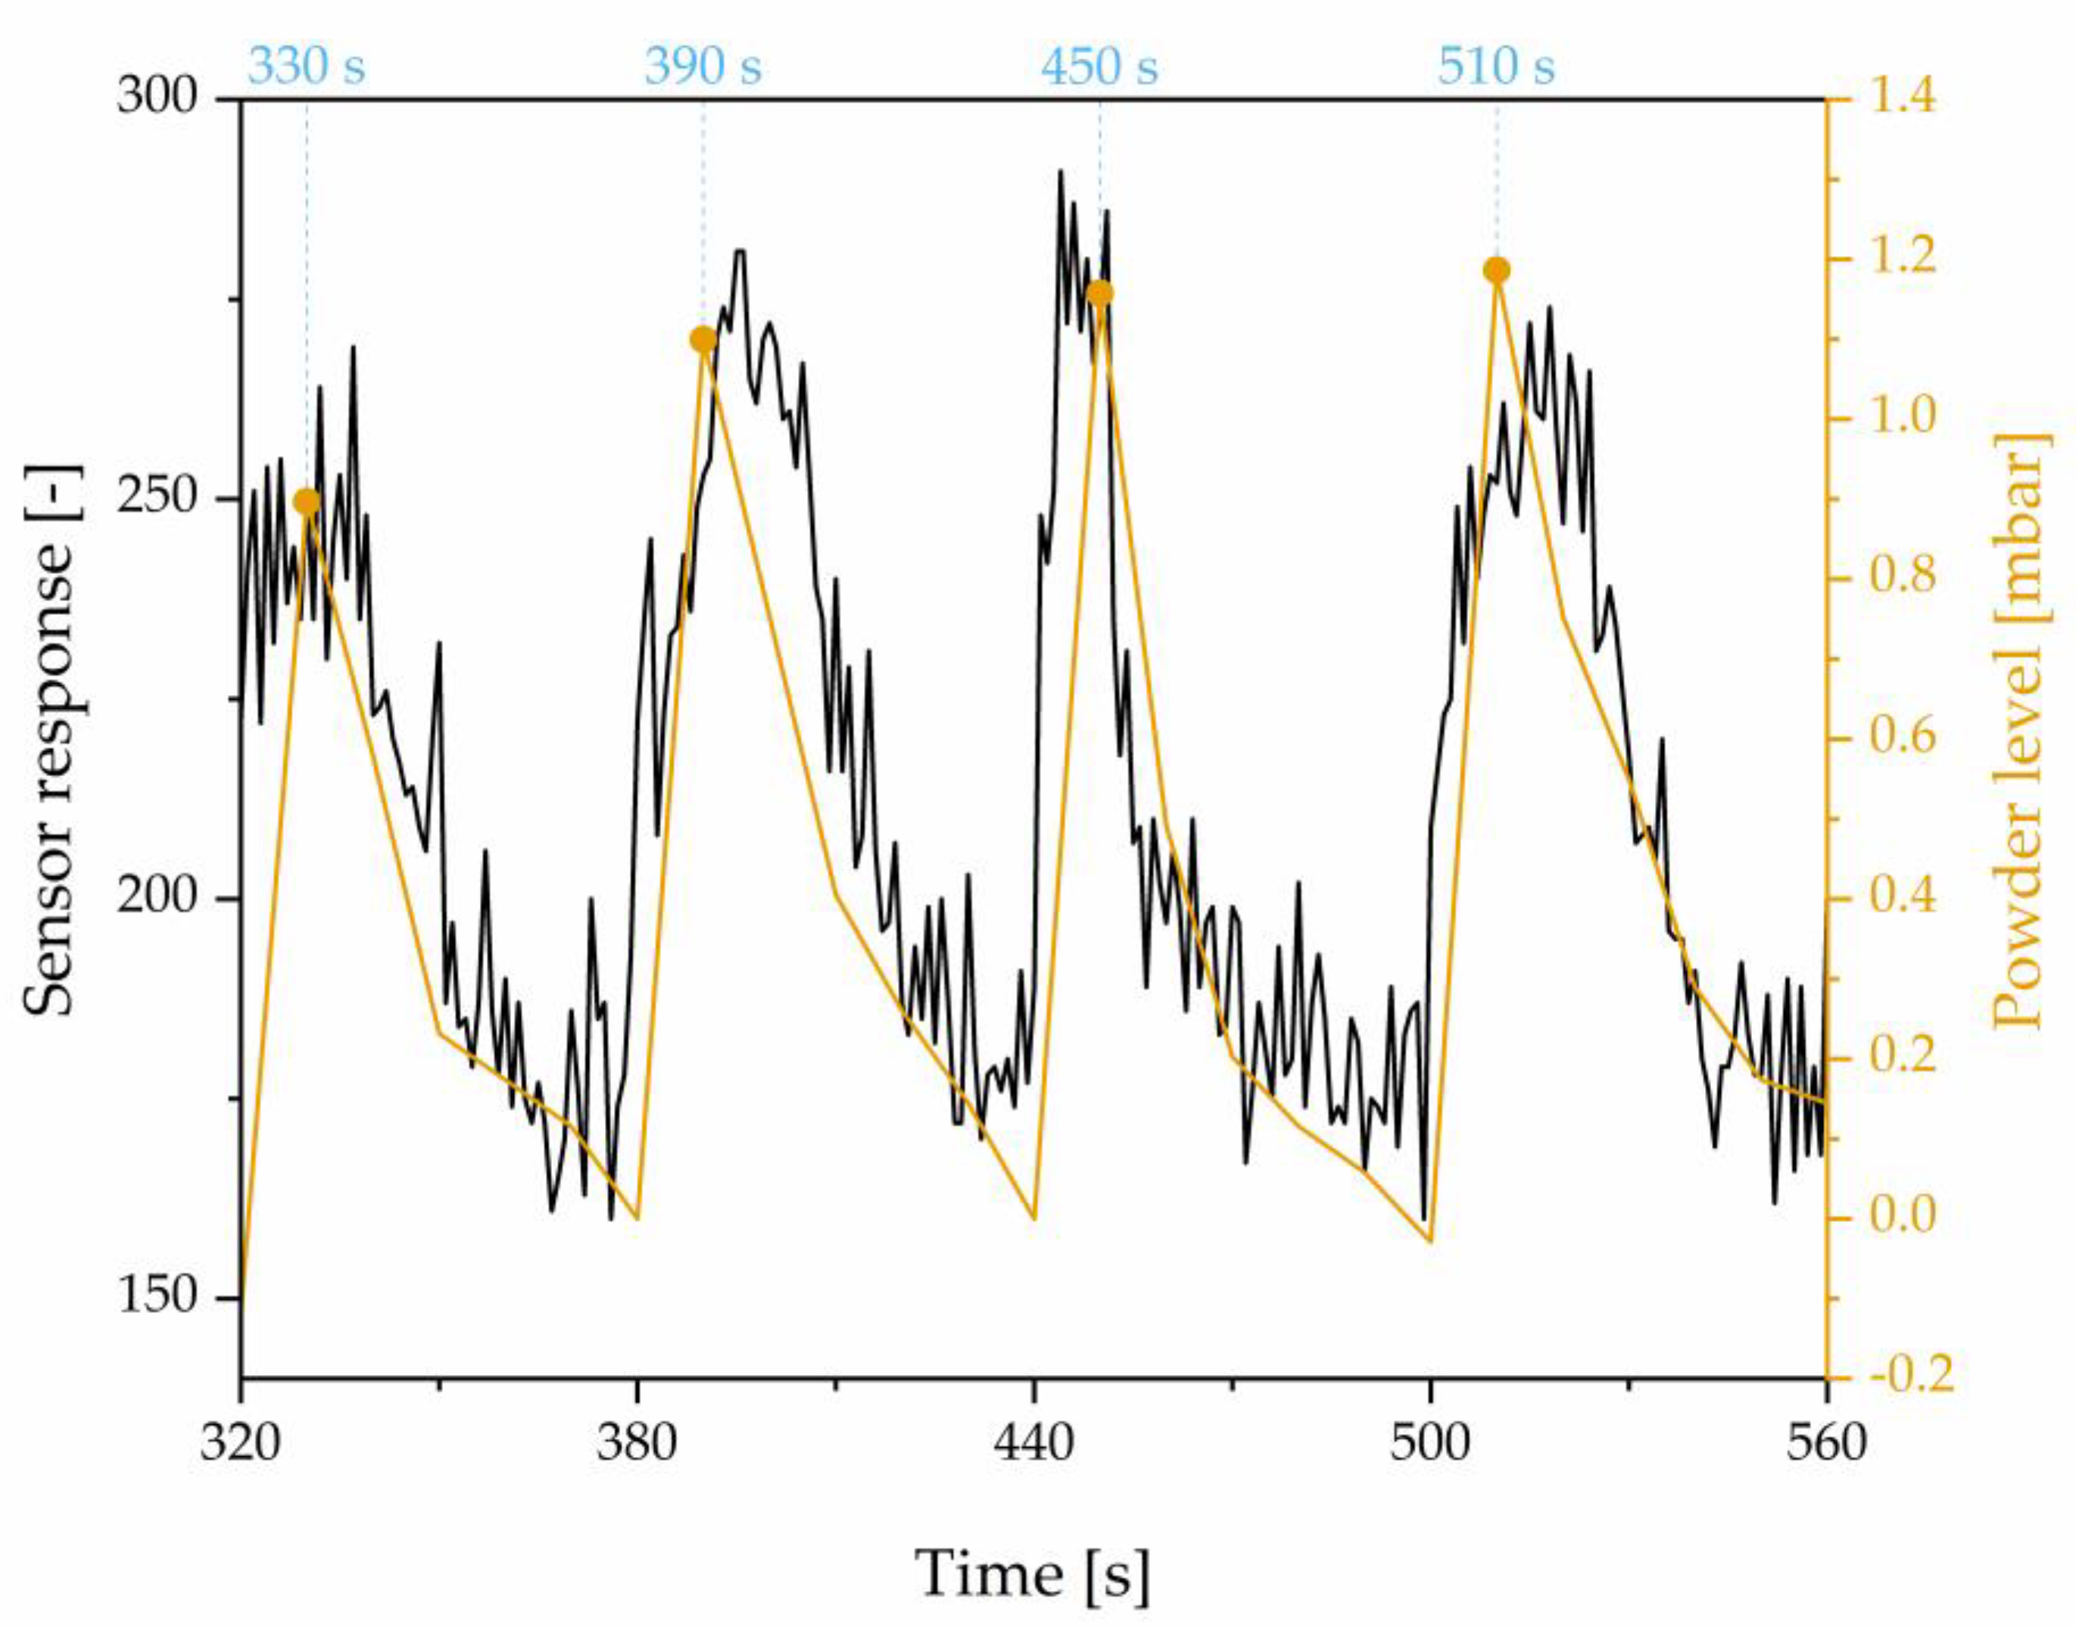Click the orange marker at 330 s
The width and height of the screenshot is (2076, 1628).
coord(306,502)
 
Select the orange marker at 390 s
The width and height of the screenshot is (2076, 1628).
coord(703,339)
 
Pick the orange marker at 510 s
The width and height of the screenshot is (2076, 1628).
coord(1497,270)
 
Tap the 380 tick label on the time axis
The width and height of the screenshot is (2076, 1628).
coord(637,1443)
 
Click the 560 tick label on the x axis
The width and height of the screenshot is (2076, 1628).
coord(1826,1443)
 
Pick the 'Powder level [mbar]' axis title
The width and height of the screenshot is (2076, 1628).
coord(2021,739)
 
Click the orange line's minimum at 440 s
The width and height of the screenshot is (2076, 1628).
coord(1034,1218)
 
